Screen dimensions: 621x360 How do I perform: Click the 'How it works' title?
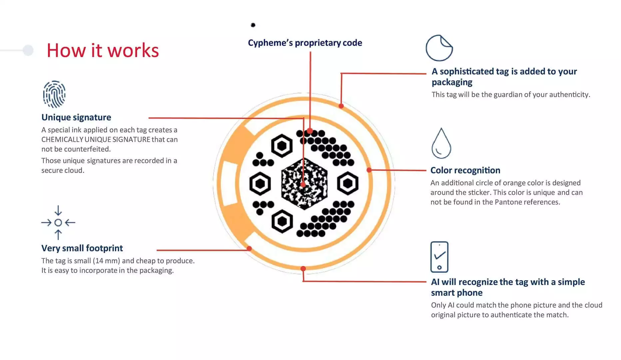pyautogui.click(x=103, y=51)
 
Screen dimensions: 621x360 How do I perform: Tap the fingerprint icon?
pyautogui.click(x=54, y=94)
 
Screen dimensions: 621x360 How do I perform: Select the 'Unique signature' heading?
pyautogui.click(x=76, y=117)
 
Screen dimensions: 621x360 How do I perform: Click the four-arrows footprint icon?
pyautogui.click(x=58, y=222)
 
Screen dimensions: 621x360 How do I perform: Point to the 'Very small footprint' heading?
pyautogui.click(x=82, y=248)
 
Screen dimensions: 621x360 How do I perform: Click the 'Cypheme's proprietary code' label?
pyautogui.click(x=305, y=43)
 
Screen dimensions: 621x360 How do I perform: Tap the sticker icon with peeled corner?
pyautogui.click(x=439, y=48)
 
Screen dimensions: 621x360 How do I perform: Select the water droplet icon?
pyautogui.click(x=441, y=143)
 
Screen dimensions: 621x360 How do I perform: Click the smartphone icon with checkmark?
pyautogui.click(x=439, y=257)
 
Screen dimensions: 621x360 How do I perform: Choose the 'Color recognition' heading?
pyautogui.click(x=465, y=170)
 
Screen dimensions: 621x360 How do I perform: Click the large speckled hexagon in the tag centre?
pyautogui.click(x=304, y=184)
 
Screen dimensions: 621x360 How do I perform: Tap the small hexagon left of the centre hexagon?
pyautogui.click(x=260, y=184)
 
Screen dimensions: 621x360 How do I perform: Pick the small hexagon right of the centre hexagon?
pyautogui.click(x=348, y=183)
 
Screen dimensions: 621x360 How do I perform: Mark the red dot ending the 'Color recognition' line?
pyautogui.click(x=369, y=170)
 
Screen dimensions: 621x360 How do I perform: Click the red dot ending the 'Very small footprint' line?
pyautogui.click(x=249, y=248)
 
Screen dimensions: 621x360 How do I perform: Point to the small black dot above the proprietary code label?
pyautogui.click(x=253, y=25)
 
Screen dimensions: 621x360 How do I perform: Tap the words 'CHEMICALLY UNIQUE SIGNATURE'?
pyautogui.click(x=96, y=140)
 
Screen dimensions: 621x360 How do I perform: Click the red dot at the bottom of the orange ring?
pyautogui.click(x=303, y=269)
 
